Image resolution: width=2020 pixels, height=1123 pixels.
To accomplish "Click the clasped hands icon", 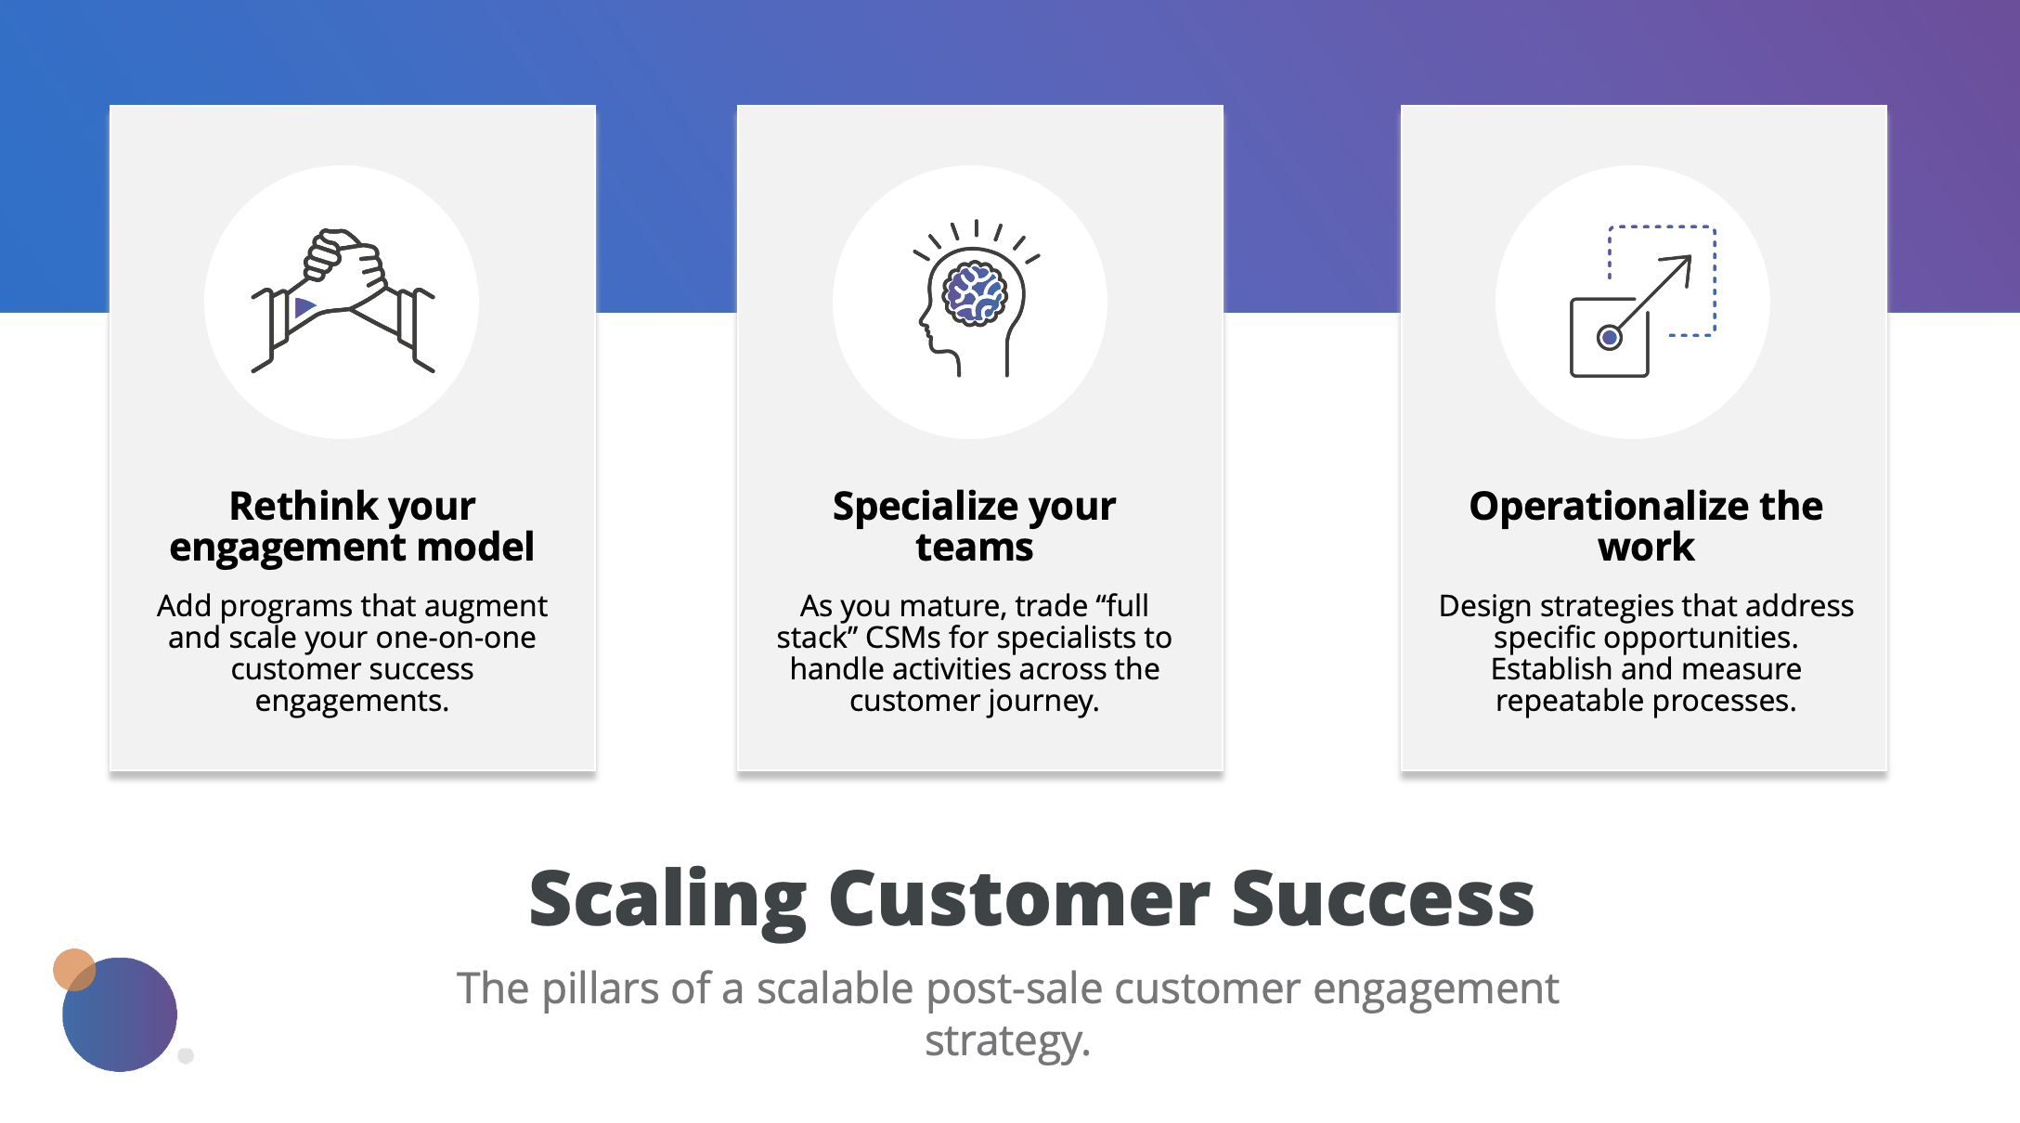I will (x=343, y=300).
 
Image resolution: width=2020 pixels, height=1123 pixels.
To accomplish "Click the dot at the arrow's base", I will (x=1610, y=338).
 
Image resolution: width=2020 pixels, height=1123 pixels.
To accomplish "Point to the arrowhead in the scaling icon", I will (x=1681, y=265).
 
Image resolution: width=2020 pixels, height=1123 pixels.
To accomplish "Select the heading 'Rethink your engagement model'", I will (x=352, y=526).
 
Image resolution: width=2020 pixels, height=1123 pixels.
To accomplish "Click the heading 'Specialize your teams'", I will (x=974, y=526).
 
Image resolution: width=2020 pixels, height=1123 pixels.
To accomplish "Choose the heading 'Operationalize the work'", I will (x=1645, y=526).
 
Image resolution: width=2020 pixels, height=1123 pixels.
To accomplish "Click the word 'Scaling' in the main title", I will (x=667, y=899).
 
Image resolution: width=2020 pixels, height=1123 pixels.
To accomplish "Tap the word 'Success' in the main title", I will (x=1382, y=899).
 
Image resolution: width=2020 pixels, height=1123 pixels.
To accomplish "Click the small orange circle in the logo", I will (x=73, y=969).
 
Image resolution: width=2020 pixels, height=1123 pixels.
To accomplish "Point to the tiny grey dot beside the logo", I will (x=186, y=1055).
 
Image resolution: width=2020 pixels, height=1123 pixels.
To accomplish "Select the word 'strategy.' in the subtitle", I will (x=1007, y=1040).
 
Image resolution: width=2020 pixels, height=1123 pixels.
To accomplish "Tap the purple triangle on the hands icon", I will (x=304, y=307).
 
